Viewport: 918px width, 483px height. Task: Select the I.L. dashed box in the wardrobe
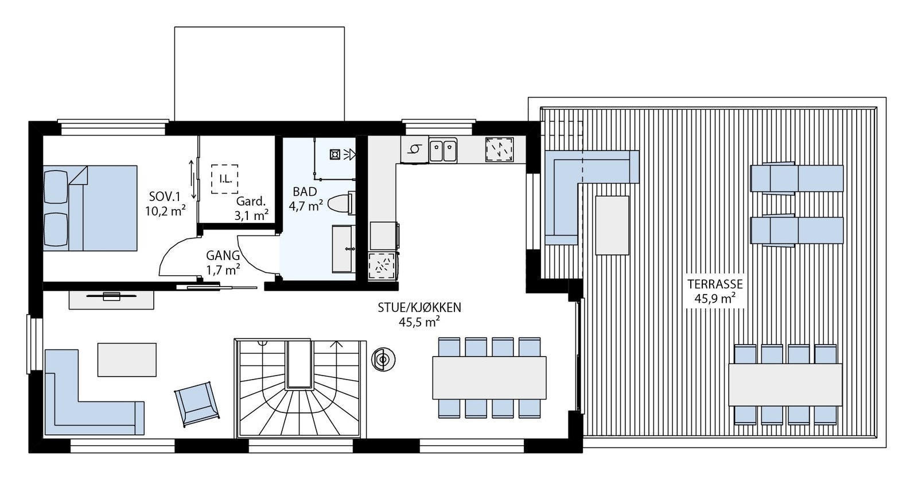[x=225, y=179]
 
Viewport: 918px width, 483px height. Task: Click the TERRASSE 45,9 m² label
[x=714, y=291]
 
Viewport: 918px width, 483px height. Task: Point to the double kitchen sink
[x=444, y=150]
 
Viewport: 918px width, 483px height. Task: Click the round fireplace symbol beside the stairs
[x=382, y=360]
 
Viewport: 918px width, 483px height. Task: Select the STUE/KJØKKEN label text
[x=419, y=307]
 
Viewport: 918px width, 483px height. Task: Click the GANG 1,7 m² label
[x=223, y=261]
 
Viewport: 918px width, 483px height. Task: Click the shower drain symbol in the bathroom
[x=334, y=154]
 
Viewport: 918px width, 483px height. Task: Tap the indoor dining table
[x=489, y=377]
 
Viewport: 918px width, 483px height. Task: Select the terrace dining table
[x=785, y=384]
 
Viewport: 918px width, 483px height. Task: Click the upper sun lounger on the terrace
[x=796, y=178]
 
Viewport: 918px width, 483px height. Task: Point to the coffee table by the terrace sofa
[x=612, y=225]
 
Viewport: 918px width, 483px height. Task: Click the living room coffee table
[x=127, y=359]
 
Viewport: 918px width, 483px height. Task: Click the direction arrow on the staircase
[x=337, y=345]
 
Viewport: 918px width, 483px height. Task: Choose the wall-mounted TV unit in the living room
[x=111, y=299]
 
